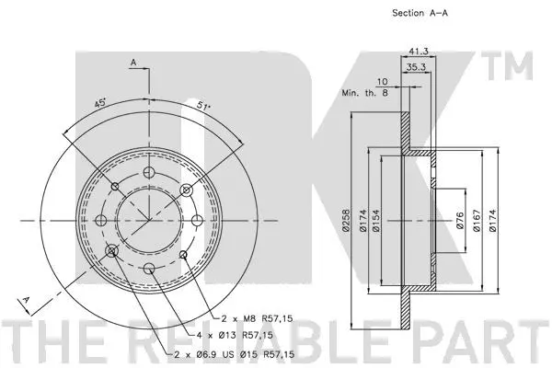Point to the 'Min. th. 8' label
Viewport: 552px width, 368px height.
pos(363,93)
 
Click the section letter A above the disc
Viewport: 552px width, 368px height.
pos(132,63)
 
